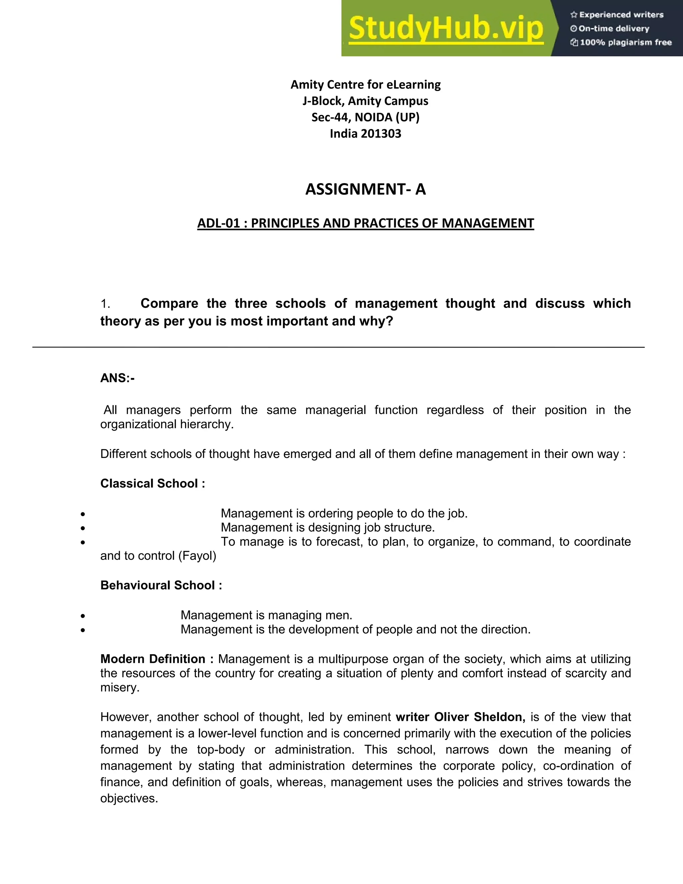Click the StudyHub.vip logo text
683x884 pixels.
coord(446,28)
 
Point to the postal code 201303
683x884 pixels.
coord(380,133)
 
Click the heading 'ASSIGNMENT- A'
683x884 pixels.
coord(366,189)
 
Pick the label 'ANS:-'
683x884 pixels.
coord(117,378)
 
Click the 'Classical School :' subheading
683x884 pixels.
coord(152,483)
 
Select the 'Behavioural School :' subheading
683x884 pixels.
coord(161,585)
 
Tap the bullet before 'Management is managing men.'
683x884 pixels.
coord(83,616)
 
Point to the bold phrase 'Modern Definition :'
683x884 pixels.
coord(157,659)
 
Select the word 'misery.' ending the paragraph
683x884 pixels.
coord(120,687)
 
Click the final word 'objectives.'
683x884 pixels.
coord(129,798)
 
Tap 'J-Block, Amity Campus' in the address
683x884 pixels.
coord(366,101)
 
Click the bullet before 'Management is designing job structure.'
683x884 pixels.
coord(83,528)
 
